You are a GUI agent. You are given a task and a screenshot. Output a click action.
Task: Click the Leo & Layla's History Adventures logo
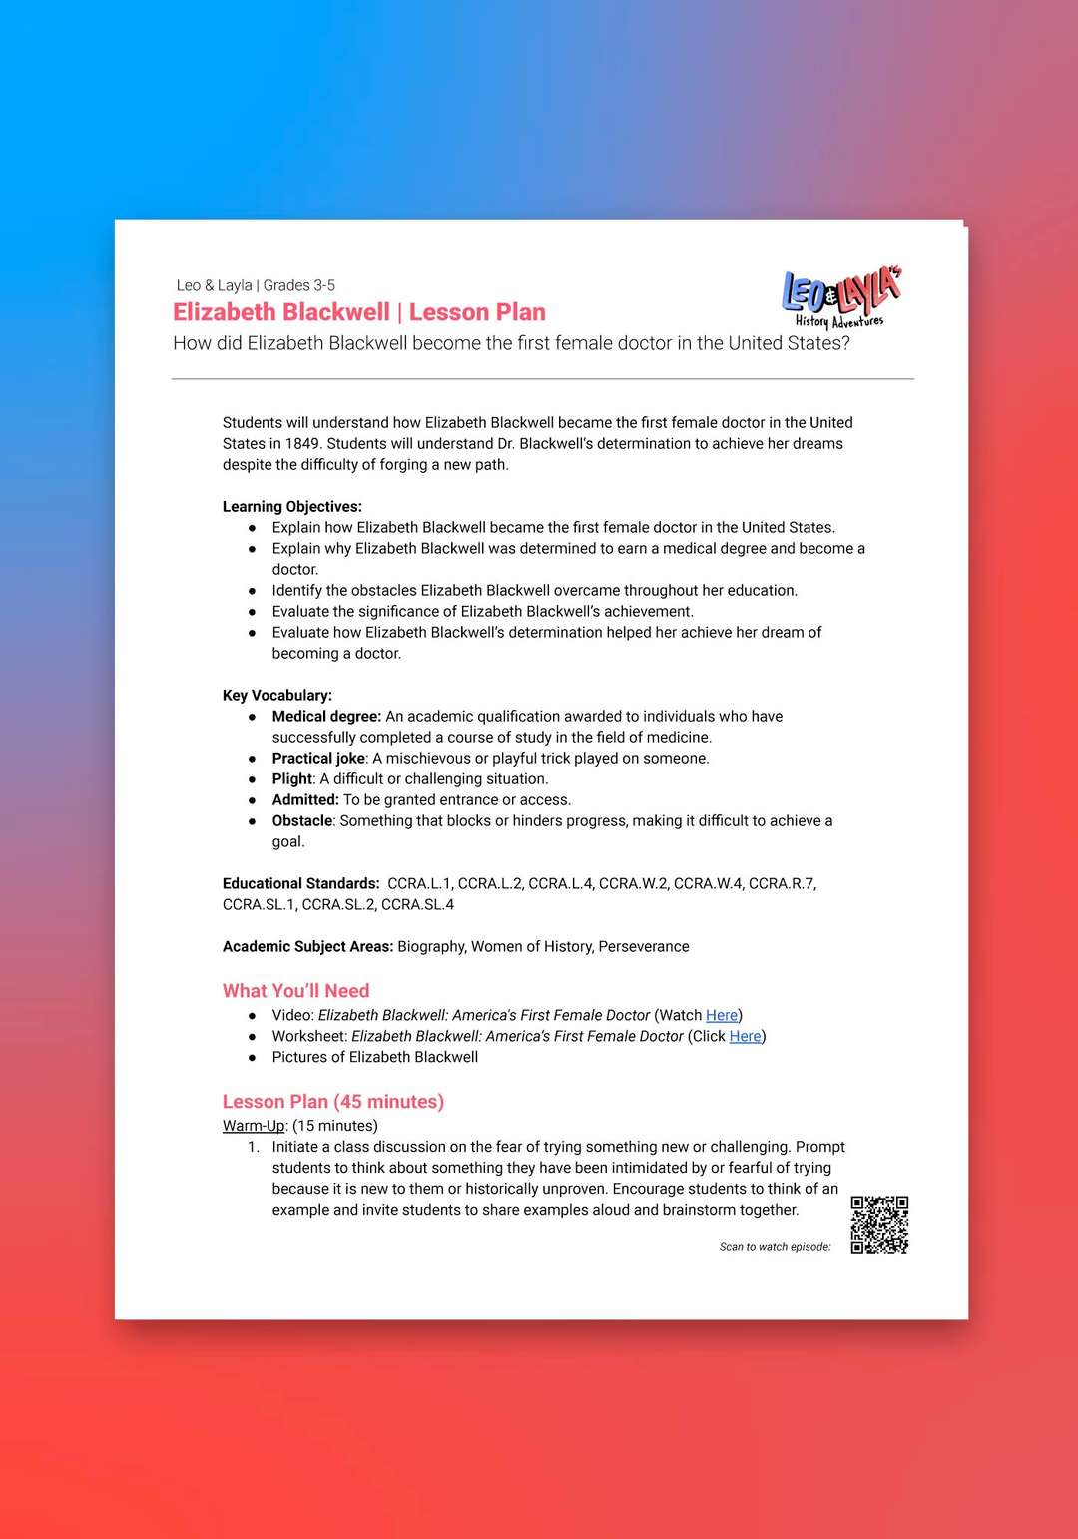841,296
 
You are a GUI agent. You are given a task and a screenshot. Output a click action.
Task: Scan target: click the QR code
879,1225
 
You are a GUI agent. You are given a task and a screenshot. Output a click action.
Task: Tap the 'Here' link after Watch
722,1015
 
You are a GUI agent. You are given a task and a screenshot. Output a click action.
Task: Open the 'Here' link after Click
745,1036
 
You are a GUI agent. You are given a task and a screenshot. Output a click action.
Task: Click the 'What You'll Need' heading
295,990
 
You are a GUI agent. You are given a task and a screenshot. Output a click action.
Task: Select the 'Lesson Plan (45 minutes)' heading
332,1101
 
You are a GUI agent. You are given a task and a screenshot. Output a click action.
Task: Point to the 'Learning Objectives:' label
291,506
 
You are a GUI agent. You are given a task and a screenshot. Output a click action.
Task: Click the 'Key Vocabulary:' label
276,695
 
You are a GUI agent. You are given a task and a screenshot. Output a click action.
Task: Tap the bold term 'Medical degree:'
326,716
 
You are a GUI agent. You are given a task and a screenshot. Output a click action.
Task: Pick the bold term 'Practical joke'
318,758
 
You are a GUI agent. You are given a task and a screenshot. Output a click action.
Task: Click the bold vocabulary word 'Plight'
292,778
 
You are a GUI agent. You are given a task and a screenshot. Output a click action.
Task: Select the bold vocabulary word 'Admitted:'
305,799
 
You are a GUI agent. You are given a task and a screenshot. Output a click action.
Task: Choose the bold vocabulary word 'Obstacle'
302,820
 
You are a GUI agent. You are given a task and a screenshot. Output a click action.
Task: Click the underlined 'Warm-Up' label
254,1125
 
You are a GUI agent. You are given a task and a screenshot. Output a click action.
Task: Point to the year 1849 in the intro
302,443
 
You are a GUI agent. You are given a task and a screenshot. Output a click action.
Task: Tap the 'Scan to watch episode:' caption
775,1247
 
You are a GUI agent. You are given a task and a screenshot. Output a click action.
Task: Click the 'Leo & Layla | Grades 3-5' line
256,285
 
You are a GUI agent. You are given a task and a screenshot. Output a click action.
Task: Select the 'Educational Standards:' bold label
300,883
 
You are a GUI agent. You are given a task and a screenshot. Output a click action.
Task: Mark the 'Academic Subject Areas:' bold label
307,946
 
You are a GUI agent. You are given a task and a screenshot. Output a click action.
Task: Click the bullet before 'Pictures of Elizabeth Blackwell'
252,1058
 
